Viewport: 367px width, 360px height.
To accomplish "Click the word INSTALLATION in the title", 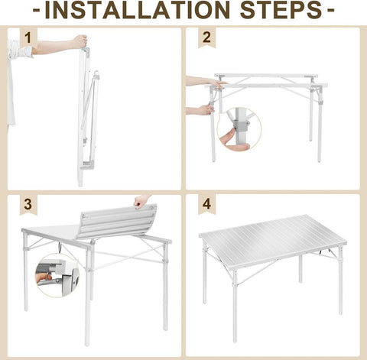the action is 138,10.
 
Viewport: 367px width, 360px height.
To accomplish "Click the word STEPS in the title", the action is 281,10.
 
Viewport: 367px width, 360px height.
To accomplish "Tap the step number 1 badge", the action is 28,37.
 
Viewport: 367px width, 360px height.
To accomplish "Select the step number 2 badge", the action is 206,37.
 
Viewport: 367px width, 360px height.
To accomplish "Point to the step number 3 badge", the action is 28,205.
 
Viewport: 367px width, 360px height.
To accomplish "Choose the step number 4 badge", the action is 206,205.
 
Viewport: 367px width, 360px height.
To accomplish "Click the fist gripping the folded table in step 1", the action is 80,42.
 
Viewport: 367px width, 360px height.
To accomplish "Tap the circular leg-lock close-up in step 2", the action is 239,129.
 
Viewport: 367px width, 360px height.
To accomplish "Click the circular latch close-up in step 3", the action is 57,276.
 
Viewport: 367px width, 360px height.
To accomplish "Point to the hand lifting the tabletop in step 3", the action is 141,202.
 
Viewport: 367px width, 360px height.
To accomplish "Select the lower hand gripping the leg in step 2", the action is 200,111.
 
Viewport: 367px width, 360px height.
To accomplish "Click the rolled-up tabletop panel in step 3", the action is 117,221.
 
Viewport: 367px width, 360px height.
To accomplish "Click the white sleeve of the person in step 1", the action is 20,49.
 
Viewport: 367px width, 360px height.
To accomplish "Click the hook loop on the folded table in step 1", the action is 96,74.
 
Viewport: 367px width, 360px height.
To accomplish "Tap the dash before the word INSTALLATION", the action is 37,11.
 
